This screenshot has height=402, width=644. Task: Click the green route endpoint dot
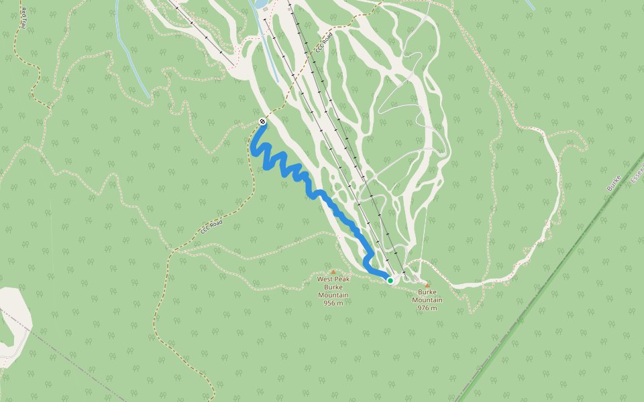[x=390, y=280]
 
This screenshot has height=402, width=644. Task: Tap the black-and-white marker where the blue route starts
[x=262, y=121]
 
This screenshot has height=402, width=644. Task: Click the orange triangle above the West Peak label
[x=333, y=271]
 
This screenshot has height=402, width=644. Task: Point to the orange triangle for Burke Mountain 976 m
[x=427, y=285]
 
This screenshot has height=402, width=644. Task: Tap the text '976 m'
[x=427, y=308]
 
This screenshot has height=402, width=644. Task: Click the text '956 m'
[x=333, y=303]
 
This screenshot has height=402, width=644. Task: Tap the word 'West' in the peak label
[x=325, y=279]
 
